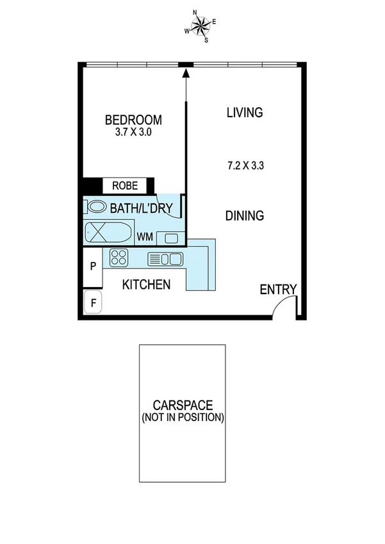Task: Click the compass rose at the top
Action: pyautogui.click(x=201, y=26)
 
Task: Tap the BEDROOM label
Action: pyautogui.click(x=133, y=120)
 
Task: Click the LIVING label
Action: pyautogui.click(x=245, y=113)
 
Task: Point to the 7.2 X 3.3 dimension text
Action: pyautogui.click(x=245, y=165)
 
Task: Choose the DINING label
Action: pyautogui.click(x=245, y=216)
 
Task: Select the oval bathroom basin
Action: pyautogui.click(x=97, y=207)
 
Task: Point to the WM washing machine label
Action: pyautogui.click(x=145, y=237)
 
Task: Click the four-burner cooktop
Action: pyautogui.click(x=119, y=258)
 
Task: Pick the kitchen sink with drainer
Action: pyautogui.click(x=165, y=259)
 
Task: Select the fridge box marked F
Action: pyautogui.click(x=92, y=302)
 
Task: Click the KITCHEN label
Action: pyautogui.click(x=146, y=284)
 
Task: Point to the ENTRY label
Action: pyautogui.click(x=278, y=290)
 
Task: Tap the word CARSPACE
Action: pyautogui.click(x=183, y=405)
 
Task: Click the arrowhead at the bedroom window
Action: pyautogui.click(x=186, y=73)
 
